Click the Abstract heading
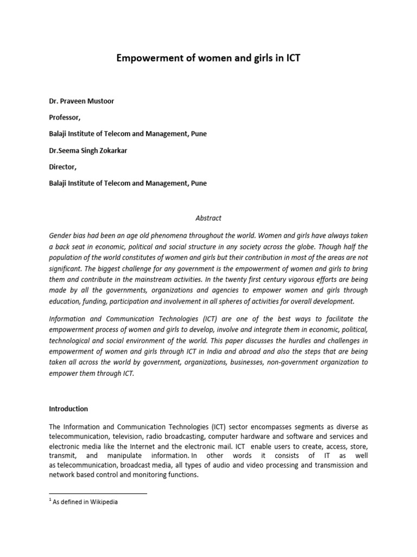[x=208, y=218]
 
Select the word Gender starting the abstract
[x=60, y=236]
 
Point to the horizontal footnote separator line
[x=98, y=493]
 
